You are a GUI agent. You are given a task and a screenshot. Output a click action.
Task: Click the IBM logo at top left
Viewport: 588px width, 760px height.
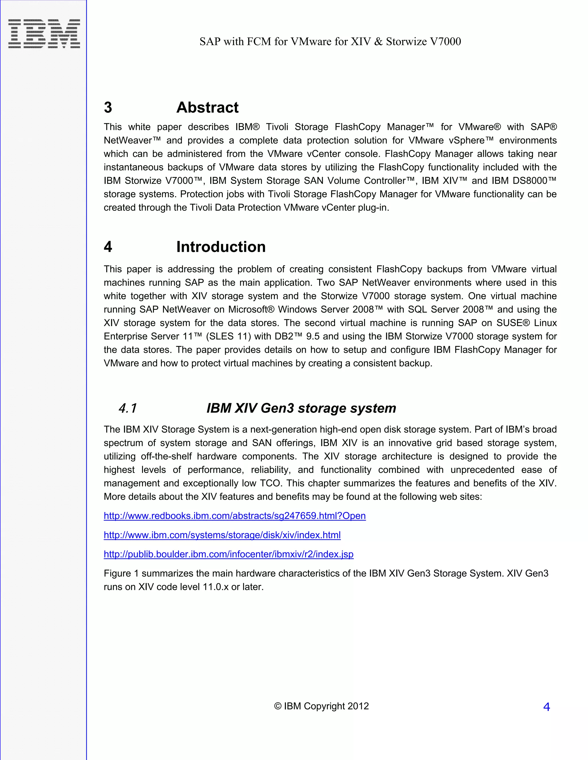[x=44, y=34]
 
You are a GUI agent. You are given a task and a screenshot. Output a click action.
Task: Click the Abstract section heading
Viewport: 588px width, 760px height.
[x=207, y=107]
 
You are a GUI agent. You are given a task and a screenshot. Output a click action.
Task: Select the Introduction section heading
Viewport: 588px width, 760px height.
[x=221, y=247]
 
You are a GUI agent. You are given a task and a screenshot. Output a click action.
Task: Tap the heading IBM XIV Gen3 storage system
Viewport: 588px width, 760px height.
[x=301, y=408]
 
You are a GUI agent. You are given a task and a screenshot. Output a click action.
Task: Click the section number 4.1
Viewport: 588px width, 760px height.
[x=128, y=408]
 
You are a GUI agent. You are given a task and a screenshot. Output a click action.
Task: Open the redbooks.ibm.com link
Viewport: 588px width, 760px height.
[x=235, y=515]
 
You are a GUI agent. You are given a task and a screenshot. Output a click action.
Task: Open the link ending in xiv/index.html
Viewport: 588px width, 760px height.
[x=222, y=535]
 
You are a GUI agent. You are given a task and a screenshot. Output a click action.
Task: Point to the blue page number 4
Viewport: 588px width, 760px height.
[x=546, y=707]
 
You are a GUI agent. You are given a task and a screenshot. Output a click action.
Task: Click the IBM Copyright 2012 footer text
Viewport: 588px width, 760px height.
[x=321, y=706]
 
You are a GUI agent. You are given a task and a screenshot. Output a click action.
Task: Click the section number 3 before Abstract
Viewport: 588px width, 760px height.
[x=108, y=107]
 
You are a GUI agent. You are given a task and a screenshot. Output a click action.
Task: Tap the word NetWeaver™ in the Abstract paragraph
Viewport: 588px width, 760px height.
[x=132, y=140]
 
